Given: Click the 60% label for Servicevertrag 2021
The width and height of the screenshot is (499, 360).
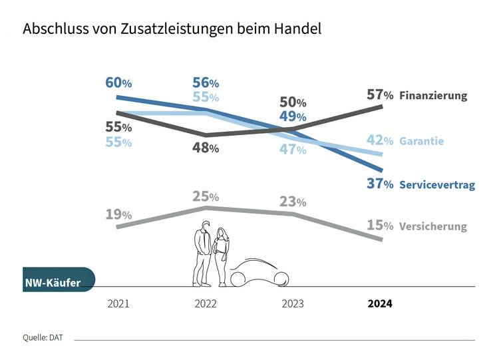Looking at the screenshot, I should pos(119,83).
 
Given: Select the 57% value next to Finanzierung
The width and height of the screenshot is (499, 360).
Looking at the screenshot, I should pos(380,95).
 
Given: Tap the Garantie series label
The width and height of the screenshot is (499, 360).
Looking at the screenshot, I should pos(421,141).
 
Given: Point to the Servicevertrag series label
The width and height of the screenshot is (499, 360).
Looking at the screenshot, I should pos(437,185).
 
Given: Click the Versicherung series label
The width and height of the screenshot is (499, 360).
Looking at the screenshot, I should pos(432,226).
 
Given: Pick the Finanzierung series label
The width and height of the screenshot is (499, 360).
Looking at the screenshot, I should pos(433,96).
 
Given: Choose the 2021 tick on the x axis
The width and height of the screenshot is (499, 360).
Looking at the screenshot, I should pos(118,303).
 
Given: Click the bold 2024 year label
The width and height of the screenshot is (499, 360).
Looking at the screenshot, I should pos(380,303).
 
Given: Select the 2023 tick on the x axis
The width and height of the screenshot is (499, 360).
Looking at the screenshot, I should pos(293,303).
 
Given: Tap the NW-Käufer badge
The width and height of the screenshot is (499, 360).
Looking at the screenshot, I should pos(57,283).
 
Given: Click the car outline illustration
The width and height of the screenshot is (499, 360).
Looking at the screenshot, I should pos(259,273).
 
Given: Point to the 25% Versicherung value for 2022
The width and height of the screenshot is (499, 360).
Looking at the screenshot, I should pos(206,196).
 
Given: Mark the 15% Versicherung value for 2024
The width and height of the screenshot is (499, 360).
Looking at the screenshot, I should pos(380,226).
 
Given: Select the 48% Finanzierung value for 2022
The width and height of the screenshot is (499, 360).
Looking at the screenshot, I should pos(206,148).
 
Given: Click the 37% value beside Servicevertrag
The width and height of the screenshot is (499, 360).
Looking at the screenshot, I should pos(380,184).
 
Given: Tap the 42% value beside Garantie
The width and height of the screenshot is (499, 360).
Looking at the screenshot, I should pos(380,140).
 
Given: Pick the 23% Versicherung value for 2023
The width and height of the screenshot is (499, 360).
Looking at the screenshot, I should pos(293,201).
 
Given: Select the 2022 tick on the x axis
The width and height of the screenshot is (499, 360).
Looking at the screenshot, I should pos(206,303).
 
